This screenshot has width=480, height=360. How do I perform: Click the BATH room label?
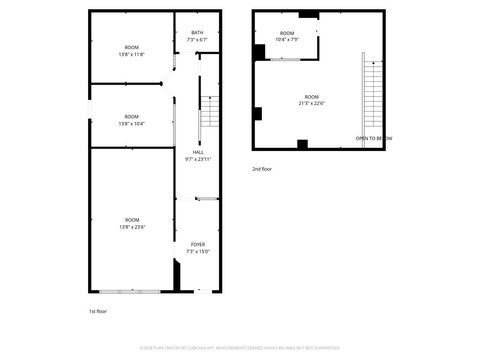point(197,33)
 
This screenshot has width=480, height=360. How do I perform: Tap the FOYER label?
point(197,244)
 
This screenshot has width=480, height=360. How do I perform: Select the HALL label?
point(197,152)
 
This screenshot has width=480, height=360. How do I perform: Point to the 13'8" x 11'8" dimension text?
point(132,54)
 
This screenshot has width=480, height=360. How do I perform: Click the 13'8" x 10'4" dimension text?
point(132,123)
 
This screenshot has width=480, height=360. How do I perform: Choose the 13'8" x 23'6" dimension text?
point(132,227)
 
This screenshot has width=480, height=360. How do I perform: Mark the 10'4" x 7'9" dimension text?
point(288,41)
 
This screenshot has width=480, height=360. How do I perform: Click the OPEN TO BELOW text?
point(373,138)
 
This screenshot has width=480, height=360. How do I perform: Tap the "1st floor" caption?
point(98,311)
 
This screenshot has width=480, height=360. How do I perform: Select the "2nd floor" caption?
point(262,169)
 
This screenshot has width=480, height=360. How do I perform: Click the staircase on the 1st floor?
point(208,113)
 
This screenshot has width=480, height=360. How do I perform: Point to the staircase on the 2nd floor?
point(372,100)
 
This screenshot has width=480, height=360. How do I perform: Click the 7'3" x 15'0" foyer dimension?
point(197,251)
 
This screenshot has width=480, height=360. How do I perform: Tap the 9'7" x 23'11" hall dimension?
point(197,159)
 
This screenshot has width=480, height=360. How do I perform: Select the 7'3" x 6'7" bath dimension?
point(197,40)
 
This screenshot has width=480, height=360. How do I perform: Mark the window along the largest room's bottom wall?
point(128,291)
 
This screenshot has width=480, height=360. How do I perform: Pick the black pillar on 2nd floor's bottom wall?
point(302,144)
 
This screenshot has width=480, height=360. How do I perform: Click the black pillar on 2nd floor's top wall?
point(308,15)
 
